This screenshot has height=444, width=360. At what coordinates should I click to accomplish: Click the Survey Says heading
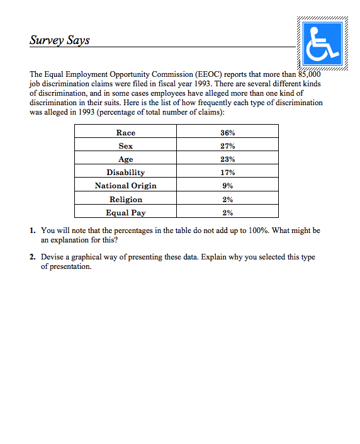(x=59, y=40)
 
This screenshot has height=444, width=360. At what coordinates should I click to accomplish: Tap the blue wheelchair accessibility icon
(x=322, y=43)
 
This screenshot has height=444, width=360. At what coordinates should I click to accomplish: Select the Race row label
(x=126, y=132)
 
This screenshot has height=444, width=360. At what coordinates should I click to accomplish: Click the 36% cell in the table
(x=228, y=132)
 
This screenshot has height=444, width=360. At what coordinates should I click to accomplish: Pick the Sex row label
(x=126, y=145)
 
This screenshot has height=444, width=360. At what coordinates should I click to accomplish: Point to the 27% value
(x=228, y=145)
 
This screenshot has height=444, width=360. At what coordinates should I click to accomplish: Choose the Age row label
(x=126, y=159)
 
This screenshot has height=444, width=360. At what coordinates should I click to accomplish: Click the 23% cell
(x=228, y=159)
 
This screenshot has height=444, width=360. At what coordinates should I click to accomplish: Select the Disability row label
(x=126, y=172)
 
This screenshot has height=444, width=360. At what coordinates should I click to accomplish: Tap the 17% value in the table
(x=228, y=172)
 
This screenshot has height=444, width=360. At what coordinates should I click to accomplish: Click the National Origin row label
(x=126, y=185)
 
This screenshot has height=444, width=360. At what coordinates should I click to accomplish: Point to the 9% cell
(x=228, y=185)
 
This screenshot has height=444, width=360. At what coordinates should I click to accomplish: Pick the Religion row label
(x=126, y=199)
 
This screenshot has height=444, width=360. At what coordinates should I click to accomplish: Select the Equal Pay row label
(x=126, y=212)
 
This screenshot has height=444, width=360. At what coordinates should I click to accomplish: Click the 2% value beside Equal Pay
(x=228, y=212)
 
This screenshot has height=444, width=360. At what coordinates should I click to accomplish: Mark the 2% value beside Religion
(x=228, y=199)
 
